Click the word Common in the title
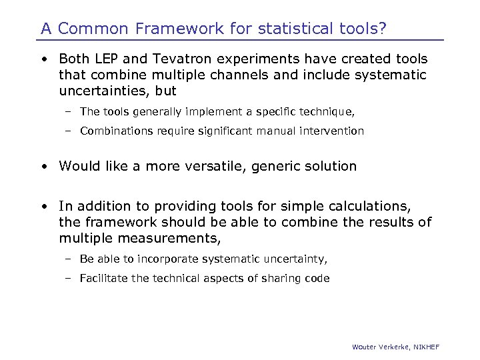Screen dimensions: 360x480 pos(88,29)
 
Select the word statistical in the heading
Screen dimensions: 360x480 pos(290,29)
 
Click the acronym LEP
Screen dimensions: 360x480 pos(104,60)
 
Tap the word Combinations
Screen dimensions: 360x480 pos(117,131)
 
